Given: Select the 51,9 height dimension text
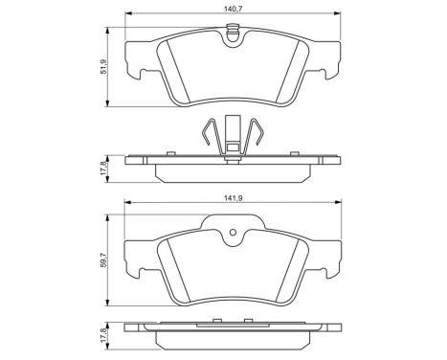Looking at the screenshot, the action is [103, 67].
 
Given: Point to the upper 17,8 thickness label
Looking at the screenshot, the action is [103, 169].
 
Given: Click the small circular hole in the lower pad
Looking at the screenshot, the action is [234, 233].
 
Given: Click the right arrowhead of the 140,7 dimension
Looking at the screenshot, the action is [338, 13].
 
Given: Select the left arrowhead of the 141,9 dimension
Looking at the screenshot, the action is [128, 202].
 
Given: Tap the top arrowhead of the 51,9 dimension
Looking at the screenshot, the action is [108, 31].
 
